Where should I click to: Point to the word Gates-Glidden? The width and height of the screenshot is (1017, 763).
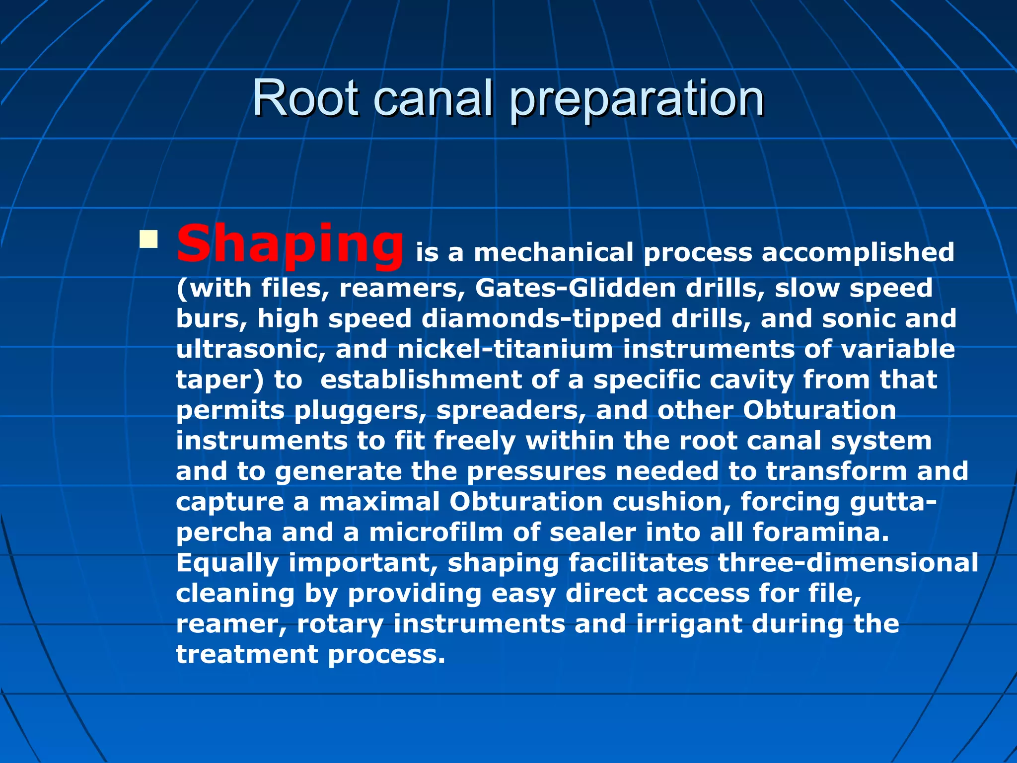pyautogui.click(x=575, y=288)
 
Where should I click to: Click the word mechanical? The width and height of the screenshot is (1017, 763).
pyautogui.click(x=553, y=252)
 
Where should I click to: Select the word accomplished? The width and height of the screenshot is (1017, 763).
pyautogui.click(x=858, y=252)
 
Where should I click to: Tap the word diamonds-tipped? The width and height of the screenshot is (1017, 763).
pyautogui.click(x=541, y=318)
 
